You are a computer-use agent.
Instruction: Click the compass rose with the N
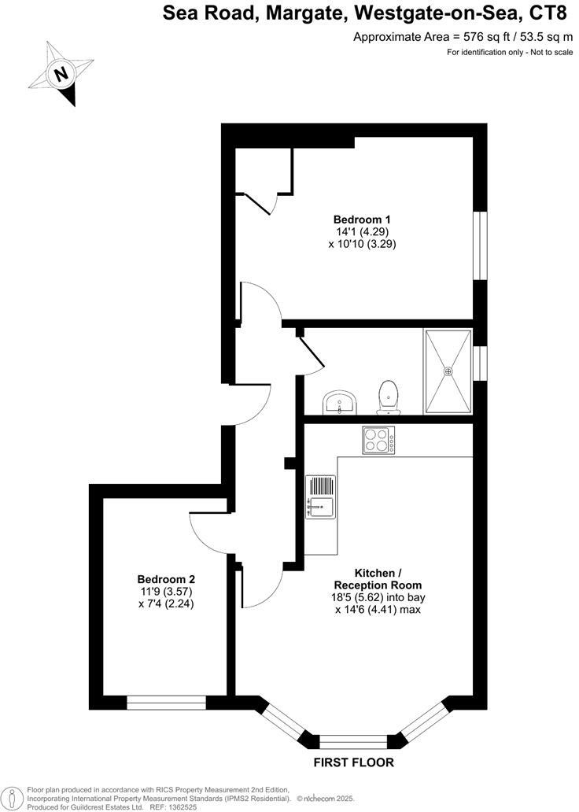point(61,74)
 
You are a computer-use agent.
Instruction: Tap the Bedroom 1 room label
point(362,220)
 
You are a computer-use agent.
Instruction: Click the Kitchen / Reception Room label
point(378,579)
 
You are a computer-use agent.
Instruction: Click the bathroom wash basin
point(341,403)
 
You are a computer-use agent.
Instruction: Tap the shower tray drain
point(448,371)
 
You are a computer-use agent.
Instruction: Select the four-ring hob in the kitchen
point(379,440)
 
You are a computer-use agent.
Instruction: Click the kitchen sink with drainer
point(320,497)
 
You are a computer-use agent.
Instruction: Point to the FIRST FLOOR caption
point(353,762)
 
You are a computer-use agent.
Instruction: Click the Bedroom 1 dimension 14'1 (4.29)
point(362,232)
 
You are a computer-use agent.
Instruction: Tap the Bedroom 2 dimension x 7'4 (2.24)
point(165,604)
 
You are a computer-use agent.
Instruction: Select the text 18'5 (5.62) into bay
point(378,597)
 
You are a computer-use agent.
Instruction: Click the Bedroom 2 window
point(167,703)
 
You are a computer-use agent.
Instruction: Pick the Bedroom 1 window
point(479,245)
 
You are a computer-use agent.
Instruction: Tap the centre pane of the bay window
point(353,740)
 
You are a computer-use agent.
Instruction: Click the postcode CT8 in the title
point(548,13)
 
